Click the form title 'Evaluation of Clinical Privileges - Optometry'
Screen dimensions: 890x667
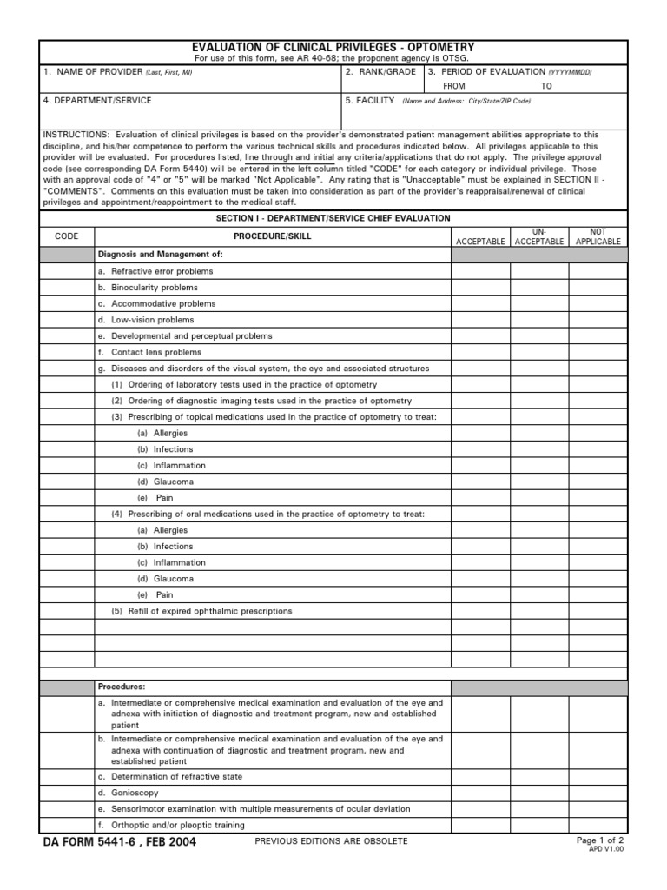pyautogui.click(x=333, y=47)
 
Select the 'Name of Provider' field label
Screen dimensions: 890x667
pyautogui.click(x=118, y=72)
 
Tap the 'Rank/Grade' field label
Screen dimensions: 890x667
pyautogui.click(x=380, y=72)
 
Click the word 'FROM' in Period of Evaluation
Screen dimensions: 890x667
pyautogui.click(x=454, y=86)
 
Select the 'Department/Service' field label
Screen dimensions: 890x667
pyautogui.click(x=97, y=101)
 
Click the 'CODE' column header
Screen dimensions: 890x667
pyautogui.click(x=67, y=236)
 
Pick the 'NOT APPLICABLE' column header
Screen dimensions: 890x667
pyautogui.click(x=598, y=236)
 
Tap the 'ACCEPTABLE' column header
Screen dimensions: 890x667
pyautogui.click(x=480, y=242)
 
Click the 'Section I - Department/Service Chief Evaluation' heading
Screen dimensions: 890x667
pyautogui.click(x=333, y=218)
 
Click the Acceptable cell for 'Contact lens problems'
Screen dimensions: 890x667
pyautogui.click(x=480, y=352)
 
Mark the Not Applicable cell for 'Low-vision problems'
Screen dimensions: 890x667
pyautogui.click(x=598, y=320)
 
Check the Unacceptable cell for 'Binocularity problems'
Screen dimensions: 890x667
pyautogui.click(x=539, y=288)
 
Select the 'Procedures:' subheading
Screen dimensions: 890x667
pyautogui.click(x=122, y=687)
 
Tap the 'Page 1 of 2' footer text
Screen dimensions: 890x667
pyautogui.click(x=599, y=840)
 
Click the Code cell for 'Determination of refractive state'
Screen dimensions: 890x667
pyautogui.click(x=67, y=776)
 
